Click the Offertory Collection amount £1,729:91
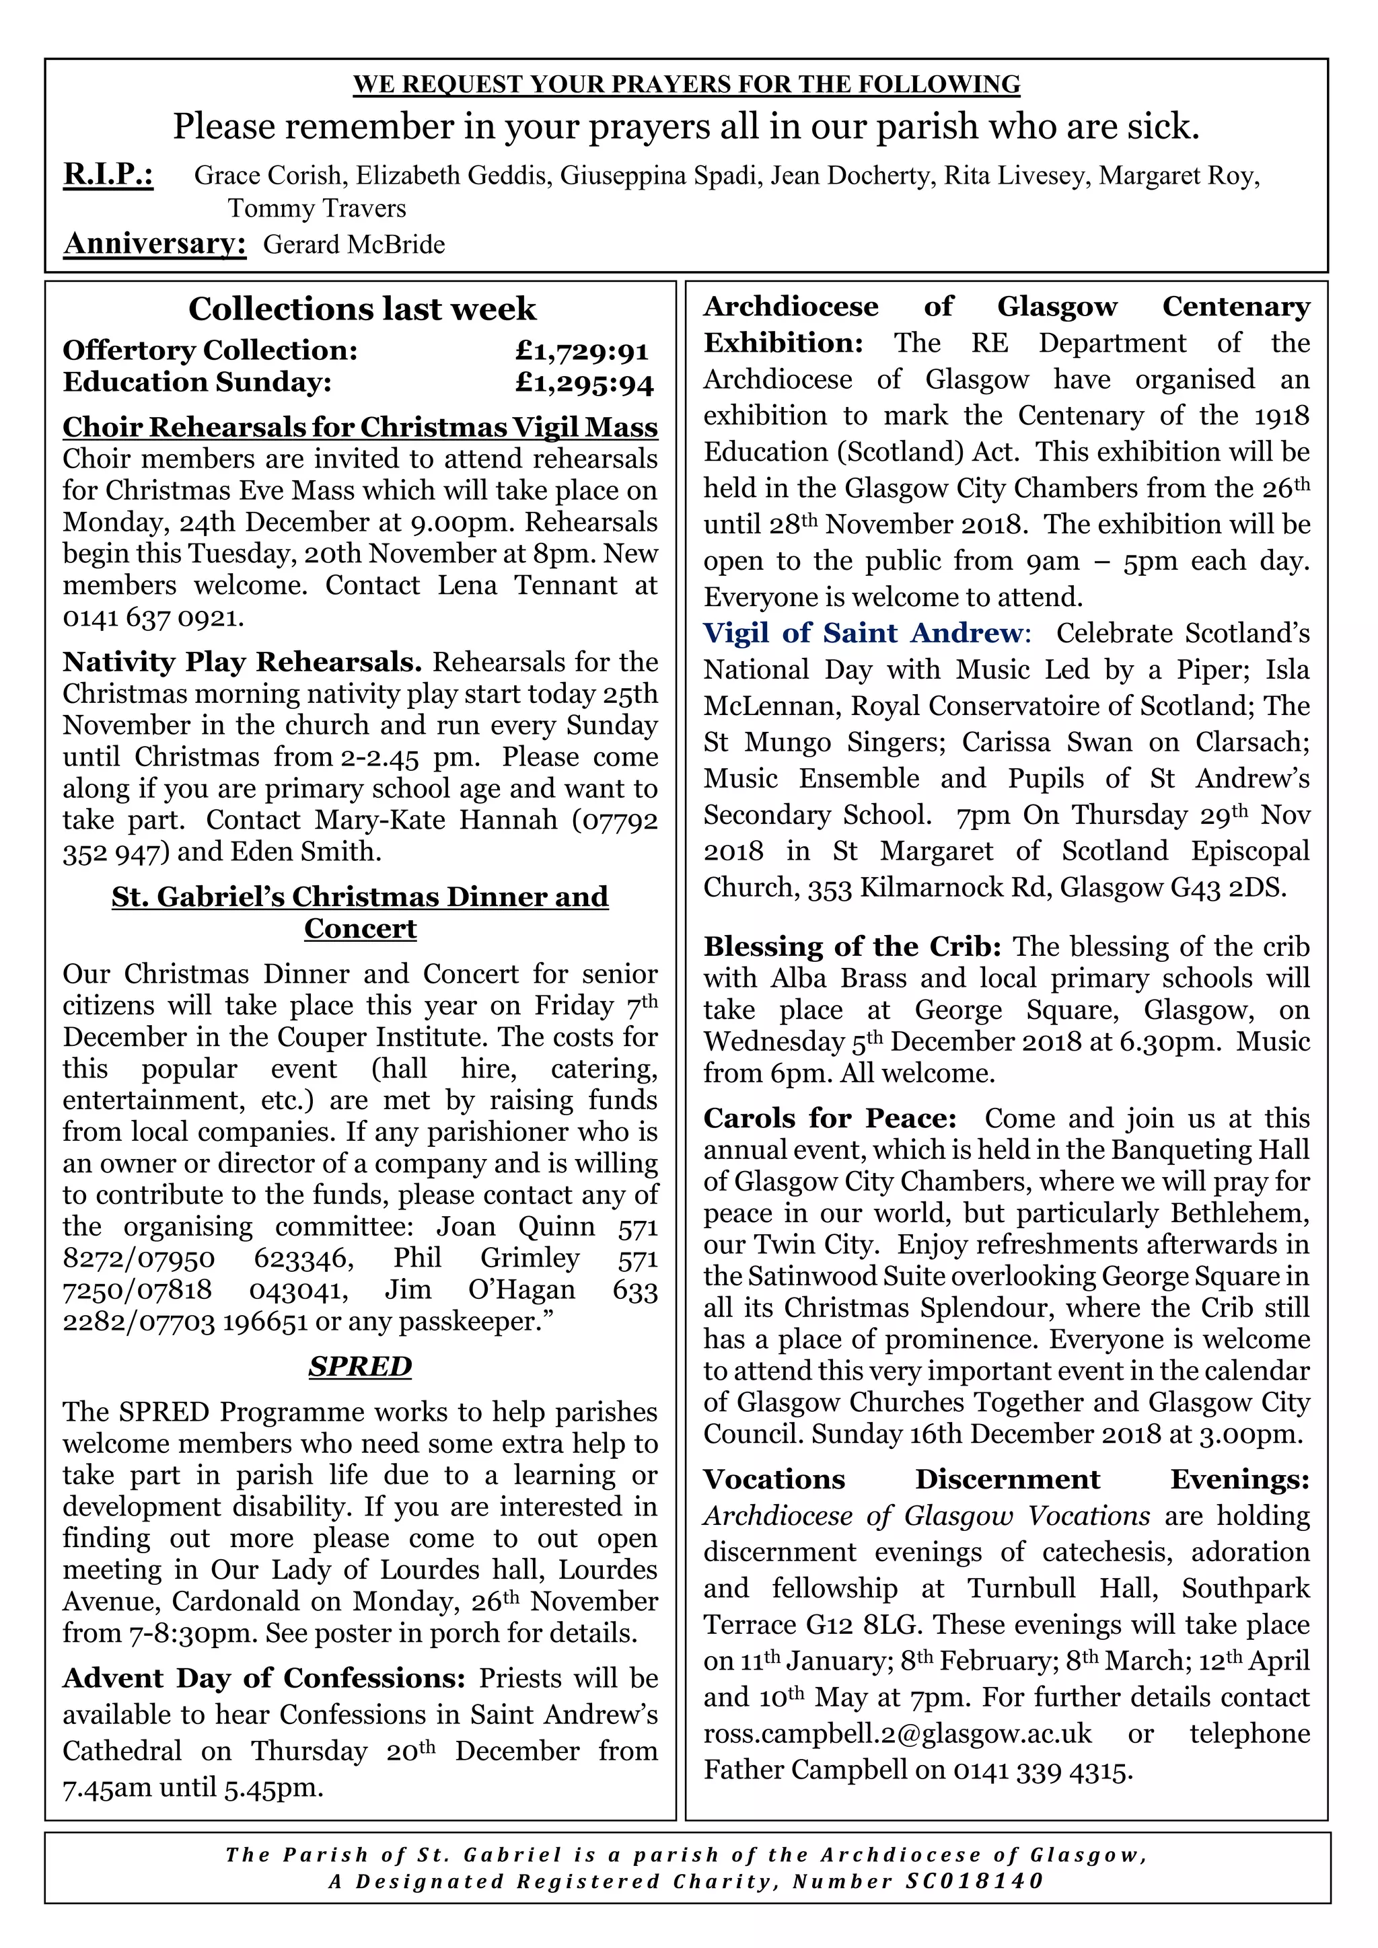coord(582,350)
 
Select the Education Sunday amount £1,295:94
coord(584,383)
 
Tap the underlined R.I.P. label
coord(108,175)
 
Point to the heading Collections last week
coord(362,309)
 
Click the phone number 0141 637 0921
coord(153,617)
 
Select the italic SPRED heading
coord(360,1366)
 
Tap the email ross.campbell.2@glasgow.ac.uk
coord(897,1733)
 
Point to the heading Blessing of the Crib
coord(852,947)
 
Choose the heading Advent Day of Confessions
coord(264,1678)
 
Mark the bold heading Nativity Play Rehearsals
coord(242,662)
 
